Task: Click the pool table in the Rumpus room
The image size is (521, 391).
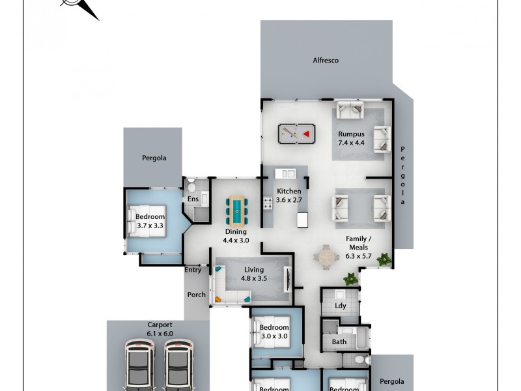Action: [x=296, y=134]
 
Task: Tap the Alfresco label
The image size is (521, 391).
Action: [x=326, y=61]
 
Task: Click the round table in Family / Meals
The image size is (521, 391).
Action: [x=326, y=256]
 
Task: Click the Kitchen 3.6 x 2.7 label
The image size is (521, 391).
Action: [x=289, y=195]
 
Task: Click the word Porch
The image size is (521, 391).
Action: [x=197, y=295]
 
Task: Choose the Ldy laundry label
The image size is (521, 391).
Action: [x=340, y=306]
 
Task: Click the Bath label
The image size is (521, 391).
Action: [x=339, y=341]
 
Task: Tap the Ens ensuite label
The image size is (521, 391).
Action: [x=193, y=199]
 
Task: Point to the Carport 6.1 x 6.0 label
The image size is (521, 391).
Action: [x=160, y=328]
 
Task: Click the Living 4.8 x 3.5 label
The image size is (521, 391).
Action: [x=254, y=274]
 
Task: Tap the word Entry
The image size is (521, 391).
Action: [x=193, y=270]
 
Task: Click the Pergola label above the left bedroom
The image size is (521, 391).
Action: [x=154, y=158]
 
